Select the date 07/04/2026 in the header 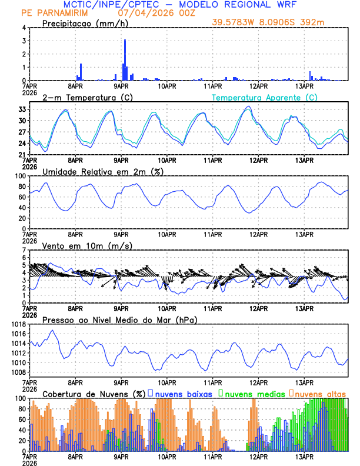(x=144, y=12)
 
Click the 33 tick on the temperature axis (x=22, y=110)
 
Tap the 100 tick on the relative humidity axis (x=19, y=176)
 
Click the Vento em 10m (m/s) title (x=88, y=245)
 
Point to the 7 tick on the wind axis (x=24, y=251)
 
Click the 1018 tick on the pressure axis (x=17, y=324)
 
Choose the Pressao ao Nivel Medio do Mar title (x=119, y=319)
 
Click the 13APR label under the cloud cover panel (x=304, y=456)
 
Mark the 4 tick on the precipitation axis (x=24, y=28)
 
